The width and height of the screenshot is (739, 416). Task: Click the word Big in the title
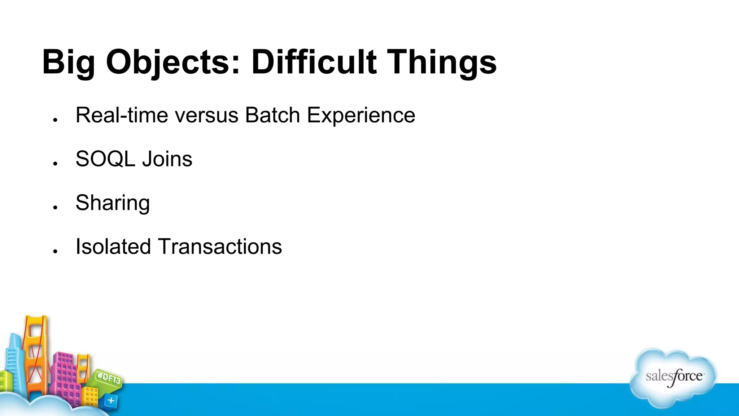pos(69,62)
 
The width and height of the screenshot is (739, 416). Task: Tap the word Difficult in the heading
pos(314,62)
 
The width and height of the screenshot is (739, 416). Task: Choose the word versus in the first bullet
pos(206,115)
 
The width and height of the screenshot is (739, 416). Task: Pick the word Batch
pos(272,115)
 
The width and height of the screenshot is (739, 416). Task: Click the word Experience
pos(361,115)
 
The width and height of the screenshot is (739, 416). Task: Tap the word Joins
pos(167,159)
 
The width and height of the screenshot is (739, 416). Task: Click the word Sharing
pos(113,203)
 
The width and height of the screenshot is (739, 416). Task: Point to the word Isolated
pos(113,247)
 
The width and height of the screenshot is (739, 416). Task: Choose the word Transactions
pos(220,247)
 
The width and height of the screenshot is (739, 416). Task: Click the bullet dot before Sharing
pos(55,207)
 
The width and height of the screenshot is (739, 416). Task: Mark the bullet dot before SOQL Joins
pos(55,164)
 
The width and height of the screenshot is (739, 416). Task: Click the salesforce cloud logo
pos(673,377)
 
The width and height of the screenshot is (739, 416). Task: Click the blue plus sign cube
pos(111,400)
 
